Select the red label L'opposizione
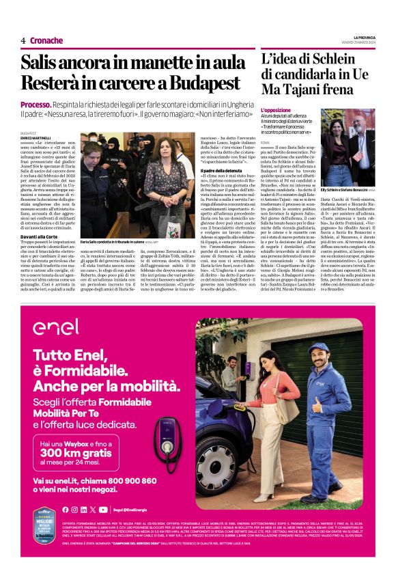[x=275, y=110]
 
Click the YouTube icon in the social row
[x=102, y=509]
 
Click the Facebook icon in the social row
[x=65, y=509]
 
